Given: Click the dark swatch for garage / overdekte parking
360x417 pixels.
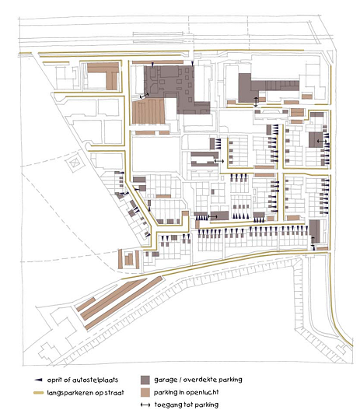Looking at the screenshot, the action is pyautogui.click(x=145, y=380).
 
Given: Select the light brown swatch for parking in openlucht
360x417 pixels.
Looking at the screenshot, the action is pyautogui.click(x=145, y=393).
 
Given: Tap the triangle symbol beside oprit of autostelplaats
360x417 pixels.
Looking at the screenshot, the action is pyautogui.click(x=38, y=380).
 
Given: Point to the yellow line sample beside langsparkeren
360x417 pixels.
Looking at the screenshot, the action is pyautogui.click(x=39, y=393).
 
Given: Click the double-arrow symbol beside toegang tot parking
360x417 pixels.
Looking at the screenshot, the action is pyautogui.click(x=145, y=405).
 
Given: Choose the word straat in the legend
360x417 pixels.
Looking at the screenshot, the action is pyautogui.click(x=114, y=393).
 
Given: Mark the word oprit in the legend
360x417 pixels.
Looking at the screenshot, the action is pyautogui.click(x=54, y=380).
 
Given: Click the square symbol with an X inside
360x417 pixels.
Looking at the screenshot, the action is pyautogui.click(x=75, y=163).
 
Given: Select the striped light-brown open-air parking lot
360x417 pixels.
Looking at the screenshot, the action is pyautogui.click(x=149, y=111).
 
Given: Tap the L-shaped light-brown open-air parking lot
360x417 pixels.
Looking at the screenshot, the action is pyautogui.click(x=105, y=74).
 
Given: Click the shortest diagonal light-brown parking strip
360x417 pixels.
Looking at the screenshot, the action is pyautogui.click(x=86, y=304).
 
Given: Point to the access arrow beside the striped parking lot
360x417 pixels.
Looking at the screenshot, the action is pyautogui.click(x=144, y=96).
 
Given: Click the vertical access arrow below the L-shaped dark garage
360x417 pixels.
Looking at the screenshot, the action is pyautogui.click(x=256, y=102).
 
